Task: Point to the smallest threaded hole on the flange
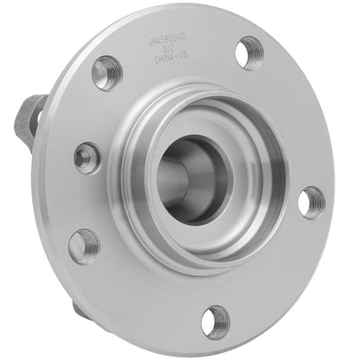coord(87,157)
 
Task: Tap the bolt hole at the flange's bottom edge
coord(215,321)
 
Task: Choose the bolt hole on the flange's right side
coord(312,202)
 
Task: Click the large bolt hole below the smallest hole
coord(83,246)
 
